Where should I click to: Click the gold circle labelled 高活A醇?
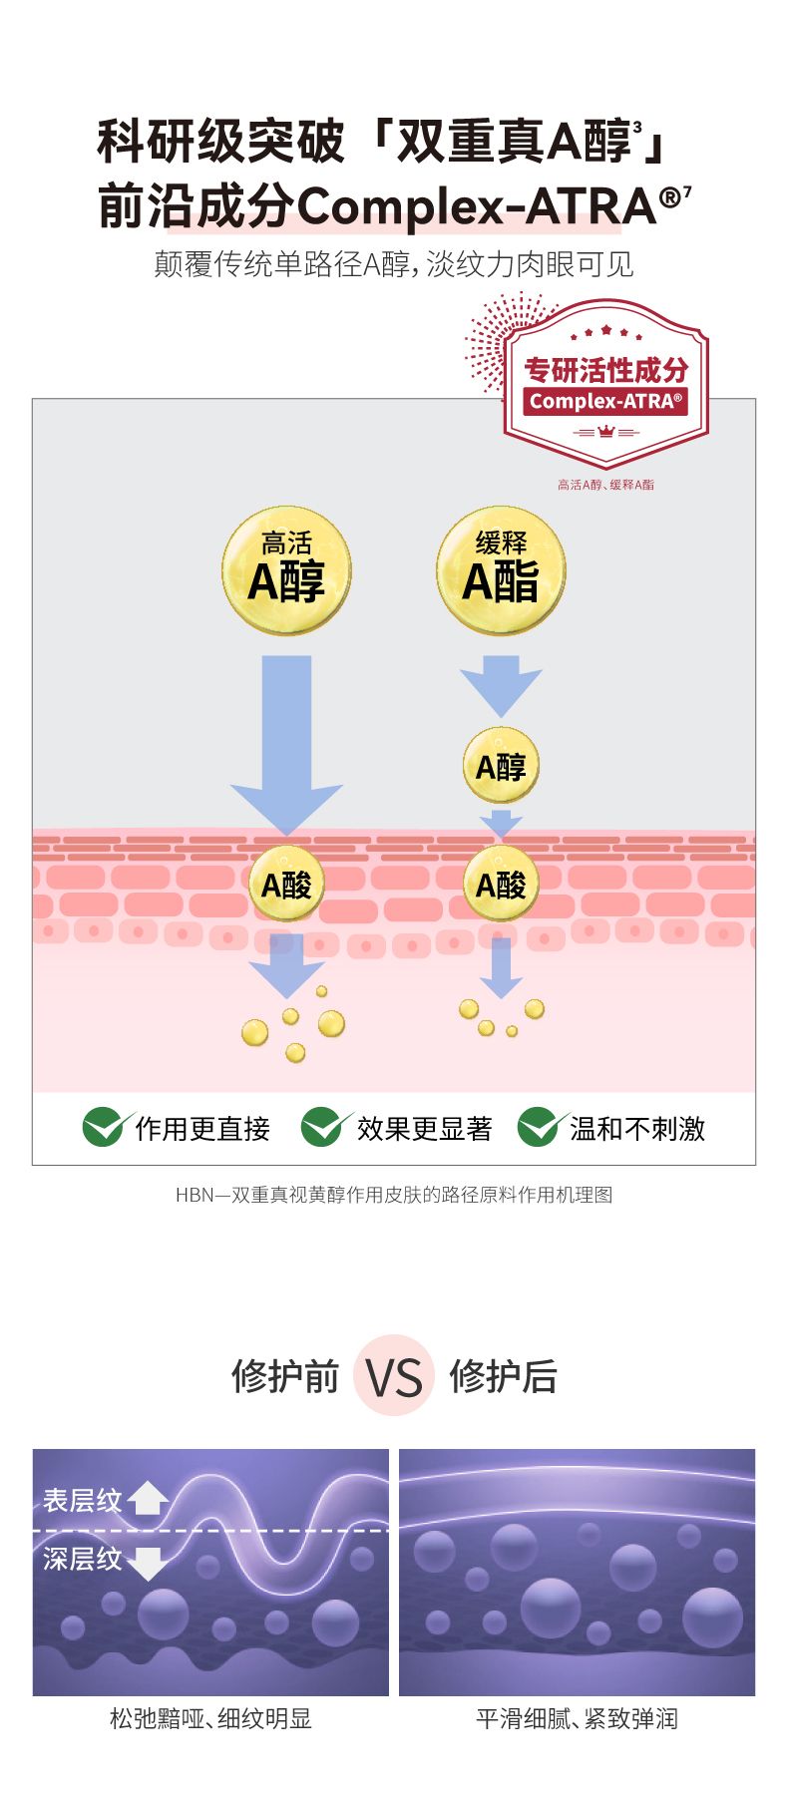[286, 569]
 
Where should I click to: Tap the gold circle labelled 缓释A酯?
[501, 569]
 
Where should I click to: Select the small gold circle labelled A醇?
[501, 766]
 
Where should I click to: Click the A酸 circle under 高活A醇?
[286, 884]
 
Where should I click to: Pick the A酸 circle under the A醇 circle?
[501, 884]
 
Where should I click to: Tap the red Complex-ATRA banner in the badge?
[605, 402]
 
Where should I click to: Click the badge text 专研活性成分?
[605, 370]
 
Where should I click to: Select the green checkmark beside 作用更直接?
[104, 1127]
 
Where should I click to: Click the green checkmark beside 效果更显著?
[323, 1127]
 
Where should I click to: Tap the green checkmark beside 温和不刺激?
[539, 1127]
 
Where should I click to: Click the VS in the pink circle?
[394, 1376]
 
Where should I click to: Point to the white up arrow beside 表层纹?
[148, 1498]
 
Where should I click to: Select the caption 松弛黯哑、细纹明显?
[210, 1718]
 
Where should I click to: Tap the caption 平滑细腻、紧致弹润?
[577, 1718]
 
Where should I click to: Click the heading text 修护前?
[285, 1376]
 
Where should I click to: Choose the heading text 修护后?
[503, 1376]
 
